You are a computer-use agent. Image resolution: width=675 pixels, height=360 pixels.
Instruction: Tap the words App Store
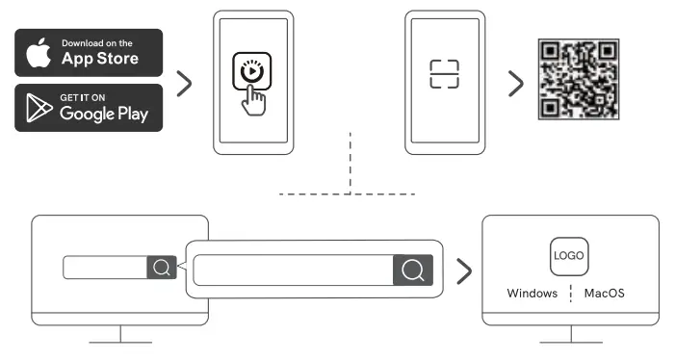click(100, 58)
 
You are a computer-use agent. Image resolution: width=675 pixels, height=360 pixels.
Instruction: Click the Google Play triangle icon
click(39, 107)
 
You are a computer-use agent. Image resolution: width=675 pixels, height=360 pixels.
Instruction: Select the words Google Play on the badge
click(103, 114)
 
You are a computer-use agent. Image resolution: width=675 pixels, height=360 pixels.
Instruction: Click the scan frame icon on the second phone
click(444, 74)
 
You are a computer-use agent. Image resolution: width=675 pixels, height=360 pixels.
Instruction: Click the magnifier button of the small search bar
click(161, 268)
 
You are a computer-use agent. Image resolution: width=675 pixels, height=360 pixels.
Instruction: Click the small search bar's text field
click(105, 268)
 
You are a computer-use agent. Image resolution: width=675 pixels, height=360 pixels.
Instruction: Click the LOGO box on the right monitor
click(568, 257)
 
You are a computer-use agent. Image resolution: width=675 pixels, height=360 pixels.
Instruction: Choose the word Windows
click(532, 293)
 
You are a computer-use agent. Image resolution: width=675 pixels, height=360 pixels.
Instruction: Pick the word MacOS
click(604, 293)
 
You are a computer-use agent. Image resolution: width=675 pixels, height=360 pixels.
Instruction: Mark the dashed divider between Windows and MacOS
click(570, 293)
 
